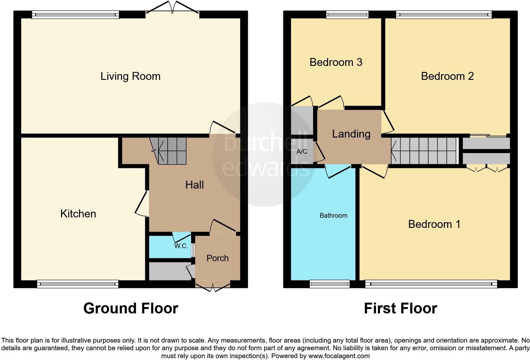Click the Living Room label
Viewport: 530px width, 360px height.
coord(130,76)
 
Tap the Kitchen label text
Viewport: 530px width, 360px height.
coord(78,214)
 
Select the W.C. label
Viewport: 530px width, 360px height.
coord(181,246)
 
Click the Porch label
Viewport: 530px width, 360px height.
coord(217,258)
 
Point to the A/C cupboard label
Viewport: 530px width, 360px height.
coord(302,152)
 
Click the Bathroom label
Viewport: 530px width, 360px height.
coord(333,216)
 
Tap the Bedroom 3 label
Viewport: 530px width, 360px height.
coord(336,62)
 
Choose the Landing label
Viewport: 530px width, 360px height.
coord(351,134)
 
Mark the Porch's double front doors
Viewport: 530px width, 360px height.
coord(213,287)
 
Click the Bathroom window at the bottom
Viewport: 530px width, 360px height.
coord(329,284)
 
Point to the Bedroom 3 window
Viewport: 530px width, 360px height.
coord(347,14)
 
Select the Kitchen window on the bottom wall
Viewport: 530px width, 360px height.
coord(78,284)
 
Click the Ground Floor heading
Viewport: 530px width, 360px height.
coord(131,308)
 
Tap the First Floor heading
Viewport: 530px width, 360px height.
coord(400,308)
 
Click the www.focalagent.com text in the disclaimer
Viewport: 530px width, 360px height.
coord(339,356)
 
